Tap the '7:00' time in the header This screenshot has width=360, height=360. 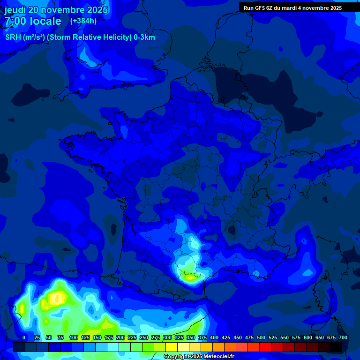15,21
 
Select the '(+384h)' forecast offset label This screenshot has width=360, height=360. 83,21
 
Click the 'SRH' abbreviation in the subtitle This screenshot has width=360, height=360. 13,37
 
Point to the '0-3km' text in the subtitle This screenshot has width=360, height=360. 144,37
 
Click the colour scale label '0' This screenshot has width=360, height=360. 24,337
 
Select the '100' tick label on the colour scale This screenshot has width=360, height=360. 74,337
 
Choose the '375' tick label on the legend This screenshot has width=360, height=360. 202,337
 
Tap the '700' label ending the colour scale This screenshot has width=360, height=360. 343,337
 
